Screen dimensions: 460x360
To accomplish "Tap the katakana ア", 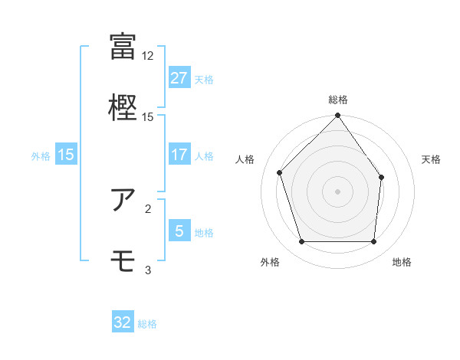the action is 123,199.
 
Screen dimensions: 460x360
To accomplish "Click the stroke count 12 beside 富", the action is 148,56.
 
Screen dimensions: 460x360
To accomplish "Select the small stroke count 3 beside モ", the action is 148,270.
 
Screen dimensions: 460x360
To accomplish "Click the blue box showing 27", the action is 179,78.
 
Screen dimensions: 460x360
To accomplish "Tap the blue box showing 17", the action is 179,155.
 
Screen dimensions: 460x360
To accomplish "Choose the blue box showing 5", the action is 179,231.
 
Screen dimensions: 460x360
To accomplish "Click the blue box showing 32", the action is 123,322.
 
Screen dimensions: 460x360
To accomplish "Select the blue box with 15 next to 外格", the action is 66,155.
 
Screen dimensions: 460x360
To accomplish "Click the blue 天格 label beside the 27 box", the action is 204,79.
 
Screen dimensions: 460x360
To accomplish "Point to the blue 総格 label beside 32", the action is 147,323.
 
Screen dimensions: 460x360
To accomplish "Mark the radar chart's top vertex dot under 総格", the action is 337,116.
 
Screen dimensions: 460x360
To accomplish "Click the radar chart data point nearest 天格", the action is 382,177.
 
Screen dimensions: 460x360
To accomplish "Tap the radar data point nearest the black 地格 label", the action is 373,241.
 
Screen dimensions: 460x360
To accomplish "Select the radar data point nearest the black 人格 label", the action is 280,172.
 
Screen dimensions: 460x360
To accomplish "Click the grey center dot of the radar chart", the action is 337,191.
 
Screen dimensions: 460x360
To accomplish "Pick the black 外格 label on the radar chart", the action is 270,262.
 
